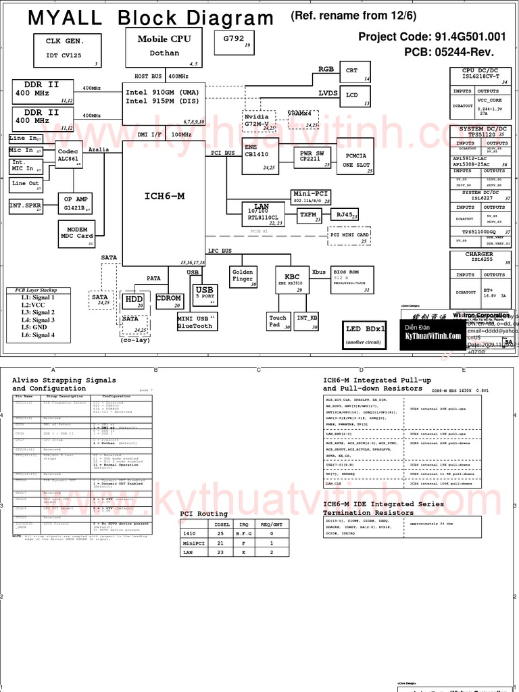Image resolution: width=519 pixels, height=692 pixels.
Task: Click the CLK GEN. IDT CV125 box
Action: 68,49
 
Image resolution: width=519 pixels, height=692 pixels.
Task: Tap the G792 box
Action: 234,42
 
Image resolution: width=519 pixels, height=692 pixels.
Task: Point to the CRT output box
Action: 355,72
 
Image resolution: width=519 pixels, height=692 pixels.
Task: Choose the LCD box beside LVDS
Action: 355,96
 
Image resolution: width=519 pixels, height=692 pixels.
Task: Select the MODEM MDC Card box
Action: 76,233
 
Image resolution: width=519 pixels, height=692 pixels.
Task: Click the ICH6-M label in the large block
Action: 164,196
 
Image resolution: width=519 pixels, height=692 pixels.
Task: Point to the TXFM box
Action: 309,215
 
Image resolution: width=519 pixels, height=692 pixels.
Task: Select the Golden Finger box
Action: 243,276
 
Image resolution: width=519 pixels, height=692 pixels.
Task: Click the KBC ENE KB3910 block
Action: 292,279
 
